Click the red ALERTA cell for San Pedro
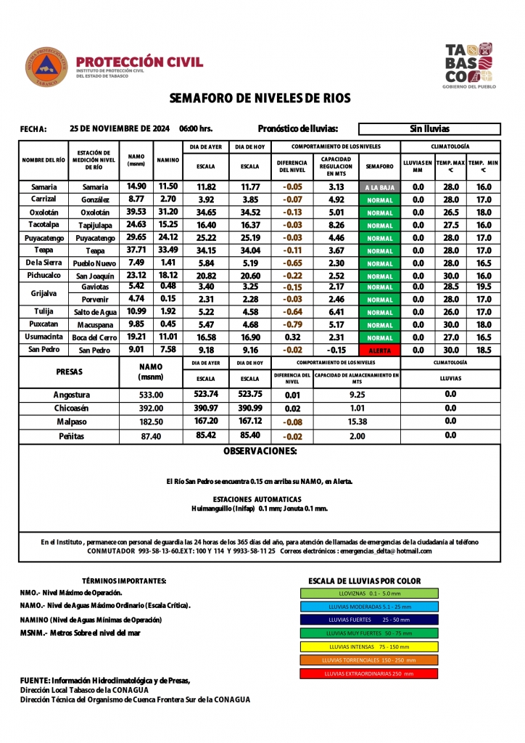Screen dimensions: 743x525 (380, 350)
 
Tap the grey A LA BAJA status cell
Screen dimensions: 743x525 (380, 187)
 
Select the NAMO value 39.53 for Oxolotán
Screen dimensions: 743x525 (136, 212)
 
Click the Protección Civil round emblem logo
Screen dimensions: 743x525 (46, 67)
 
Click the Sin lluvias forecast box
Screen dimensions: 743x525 (429, 129)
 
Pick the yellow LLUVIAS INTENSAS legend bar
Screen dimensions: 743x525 (369, 646)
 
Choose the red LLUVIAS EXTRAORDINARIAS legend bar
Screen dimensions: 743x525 (369, 673)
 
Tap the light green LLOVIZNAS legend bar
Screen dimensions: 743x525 (369, 593)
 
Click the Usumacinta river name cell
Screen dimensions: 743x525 (44, 337)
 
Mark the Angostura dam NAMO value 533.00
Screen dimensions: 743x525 (152, 395)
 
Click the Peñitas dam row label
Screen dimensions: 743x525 (73, 436)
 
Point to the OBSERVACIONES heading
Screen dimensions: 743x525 (260, 451)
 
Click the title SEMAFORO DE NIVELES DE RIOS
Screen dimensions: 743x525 (260, 98)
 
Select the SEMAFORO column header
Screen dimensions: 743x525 (380, 166)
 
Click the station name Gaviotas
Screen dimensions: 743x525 (94, 287)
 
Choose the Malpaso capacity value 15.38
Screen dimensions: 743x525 (357, 422)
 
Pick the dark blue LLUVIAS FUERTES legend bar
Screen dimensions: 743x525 (369, 620)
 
